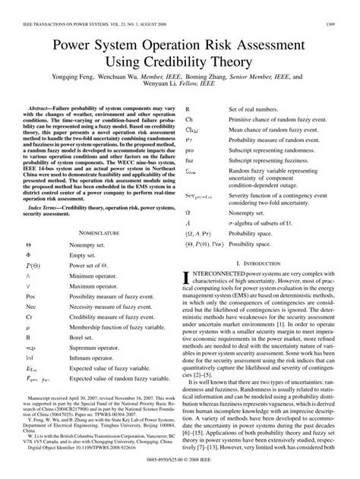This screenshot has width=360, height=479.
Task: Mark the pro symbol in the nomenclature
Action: tap(191, 152)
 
